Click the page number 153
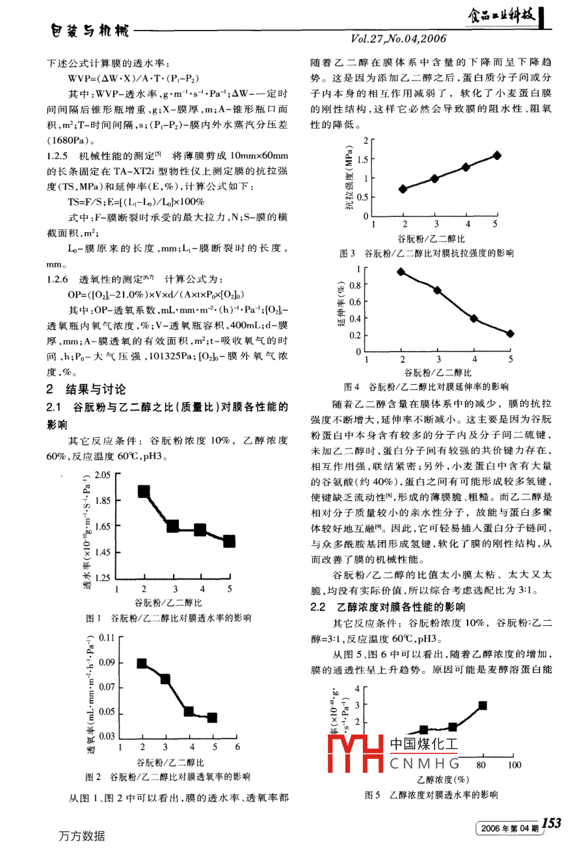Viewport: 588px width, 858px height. pyautogui.click(x=551, y=824)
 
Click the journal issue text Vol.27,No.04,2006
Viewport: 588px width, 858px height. pyautogui.click(x=399, y=39)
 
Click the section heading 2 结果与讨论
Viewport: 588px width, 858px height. pyautogui.click(x=87, y=389)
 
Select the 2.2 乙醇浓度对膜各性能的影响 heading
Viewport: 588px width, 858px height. pyautogui.click(x=388, y=607)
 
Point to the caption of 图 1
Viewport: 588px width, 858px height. pyautogui.click(x=168, y=617)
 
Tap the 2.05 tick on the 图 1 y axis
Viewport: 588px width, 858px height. pyautogui.click(x=102, y=475)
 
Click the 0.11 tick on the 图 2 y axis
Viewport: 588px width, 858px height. pyautogui.click(x=107, y=638)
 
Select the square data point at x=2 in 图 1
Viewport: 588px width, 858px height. pyautogui.click(x=144, y=491)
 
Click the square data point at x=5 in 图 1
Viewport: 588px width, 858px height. pyautogui.click(x=229, y=541)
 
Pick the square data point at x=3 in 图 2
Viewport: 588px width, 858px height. pyautogui.click(x=165, y=679)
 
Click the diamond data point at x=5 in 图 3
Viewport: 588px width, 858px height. pyautogui.click(x=497, y=155)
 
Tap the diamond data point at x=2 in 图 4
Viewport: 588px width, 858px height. pyautogui.click(x=401, y=272)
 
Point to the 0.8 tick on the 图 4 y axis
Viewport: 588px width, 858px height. pyautogui.click(x=354, y=285)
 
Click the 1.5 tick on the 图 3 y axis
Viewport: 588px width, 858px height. pyautogui.click(x=362, y=159)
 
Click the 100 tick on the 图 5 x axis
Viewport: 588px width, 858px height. pyautogui.click(x=514, y=765)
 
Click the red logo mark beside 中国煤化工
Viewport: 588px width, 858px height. pyautogui.click(x=355, y=755)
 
